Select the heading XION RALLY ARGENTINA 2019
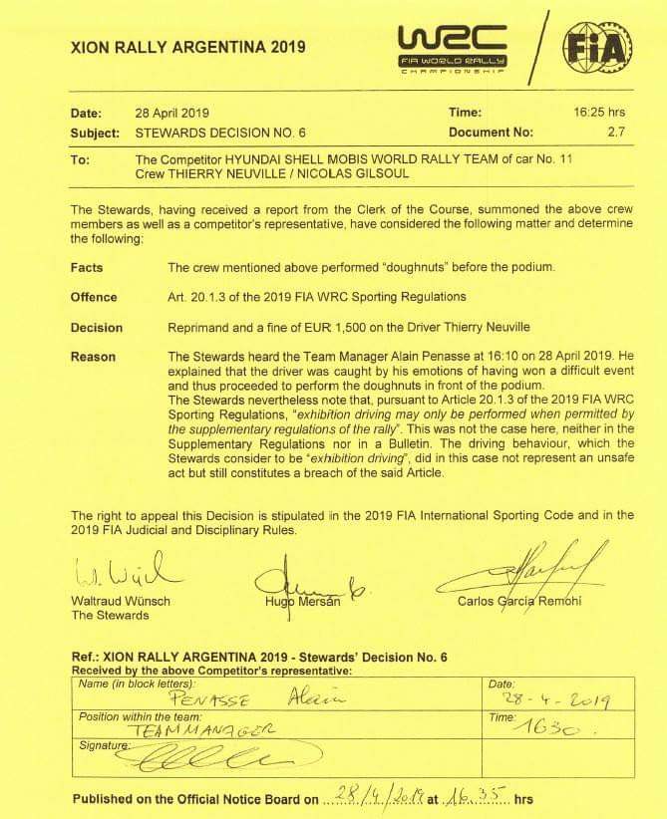[189, 47]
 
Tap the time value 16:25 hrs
[601, 113]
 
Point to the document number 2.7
[614, 132]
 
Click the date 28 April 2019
[171, 113]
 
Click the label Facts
[87, 268]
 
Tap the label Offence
[94, 297]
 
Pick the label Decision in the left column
[97, 327]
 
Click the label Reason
[93, 357]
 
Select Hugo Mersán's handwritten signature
[305, 576]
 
